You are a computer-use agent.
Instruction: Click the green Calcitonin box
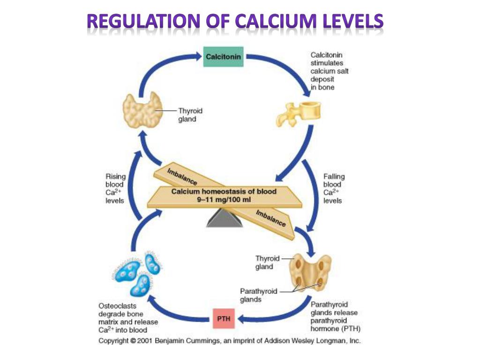tap(224, 57)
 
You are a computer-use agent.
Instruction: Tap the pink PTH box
tap(223, 319)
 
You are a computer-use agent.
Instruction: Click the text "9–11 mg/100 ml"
tap(224, 199)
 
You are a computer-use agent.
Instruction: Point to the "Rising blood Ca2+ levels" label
tap(115, 188)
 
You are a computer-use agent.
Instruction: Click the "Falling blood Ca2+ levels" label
tap(334, 188)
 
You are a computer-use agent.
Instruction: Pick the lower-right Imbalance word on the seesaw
tap(271, 218)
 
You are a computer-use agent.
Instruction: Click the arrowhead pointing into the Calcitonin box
tap(198, 57)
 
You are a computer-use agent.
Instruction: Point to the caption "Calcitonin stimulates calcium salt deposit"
tap(330, 71)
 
